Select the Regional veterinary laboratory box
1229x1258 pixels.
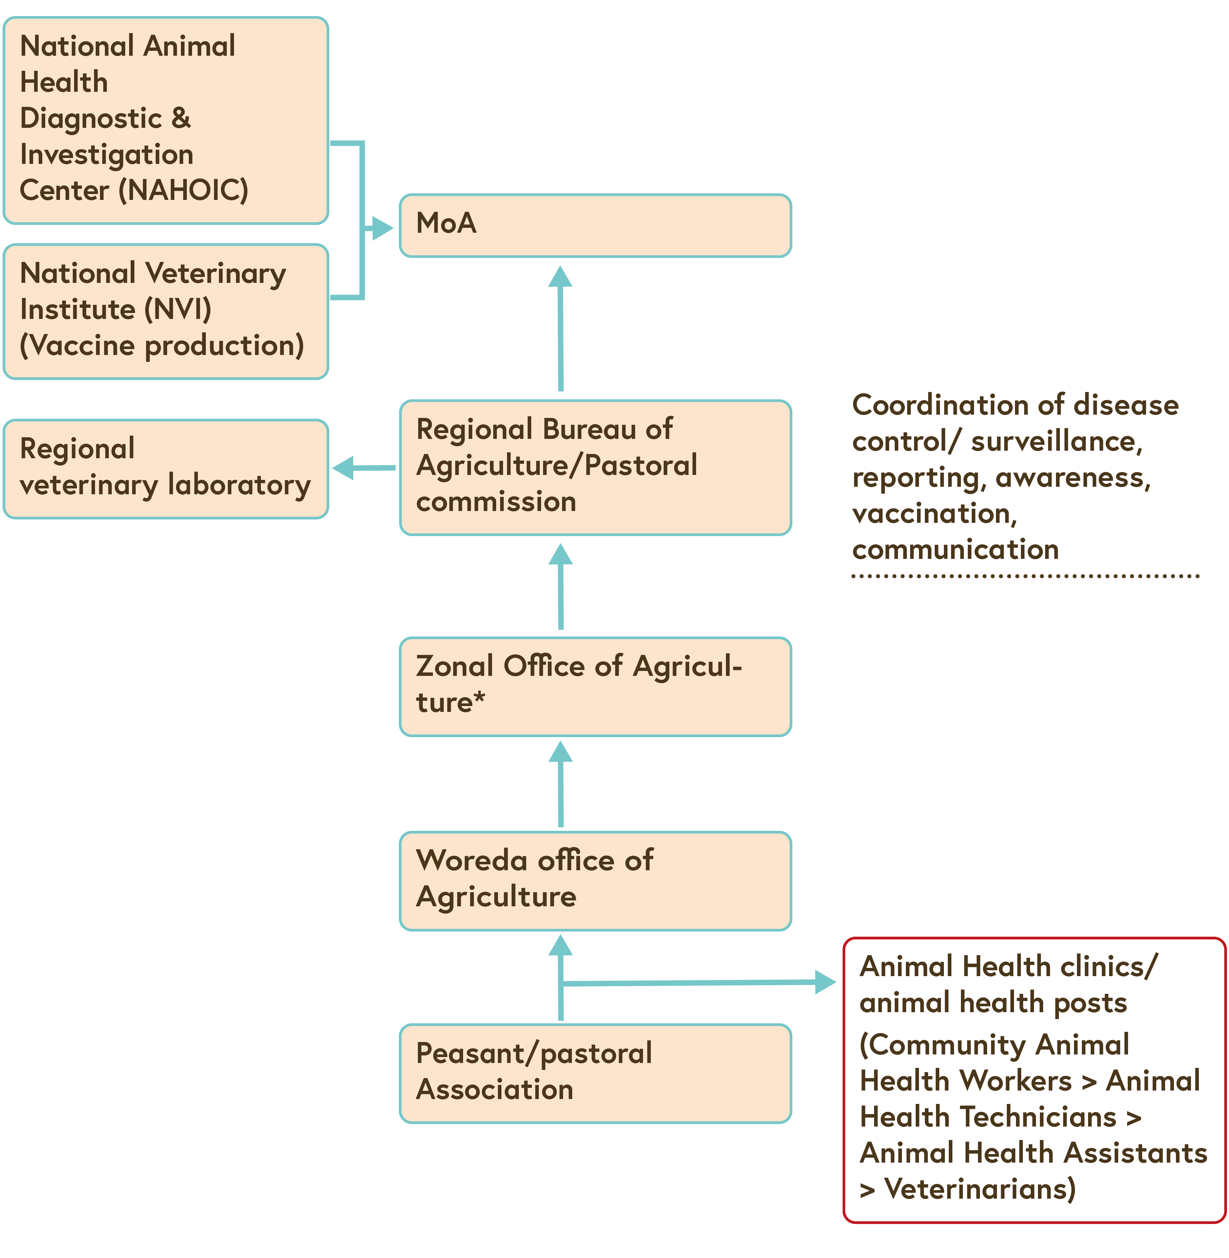(166, 469)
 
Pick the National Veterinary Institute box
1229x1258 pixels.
(166, 311)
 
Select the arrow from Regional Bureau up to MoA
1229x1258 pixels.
(560, 329)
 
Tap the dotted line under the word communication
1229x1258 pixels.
(1025, 576)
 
